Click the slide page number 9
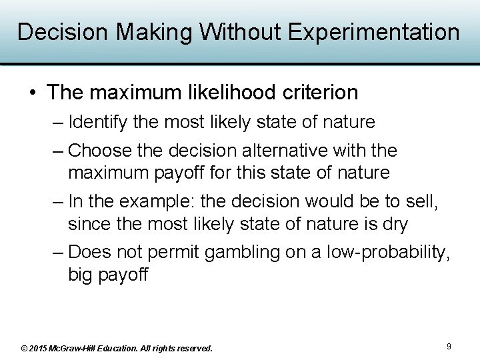point(449,346)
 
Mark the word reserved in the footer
point(193,348)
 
